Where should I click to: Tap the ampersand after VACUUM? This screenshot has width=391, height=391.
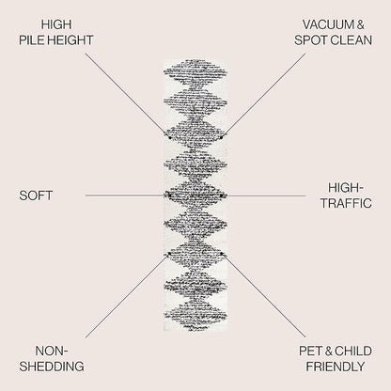pos(361,24)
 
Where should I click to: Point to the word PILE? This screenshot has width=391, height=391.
pos(31,40)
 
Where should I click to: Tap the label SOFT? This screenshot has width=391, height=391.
pos(36,195)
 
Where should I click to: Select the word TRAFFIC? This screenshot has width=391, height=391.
pos(346,203)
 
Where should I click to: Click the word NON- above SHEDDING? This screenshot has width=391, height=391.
pos(52,352)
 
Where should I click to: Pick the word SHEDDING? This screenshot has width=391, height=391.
pos(52,367)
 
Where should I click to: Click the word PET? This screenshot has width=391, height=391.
pos(311,352)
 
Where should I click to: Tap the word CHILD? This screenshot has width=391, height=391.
pos(353,352)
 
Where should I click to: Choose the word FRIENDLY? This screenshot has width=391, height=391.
pos(336,367)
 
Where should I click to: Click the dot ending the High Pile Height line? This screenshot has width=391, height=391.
pos(170,137)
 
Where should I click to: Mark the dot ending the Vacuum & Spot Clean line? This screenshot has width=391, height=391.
pos(221,137)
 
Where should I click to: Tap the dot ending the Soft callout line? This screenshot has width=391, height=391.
pos(169,195)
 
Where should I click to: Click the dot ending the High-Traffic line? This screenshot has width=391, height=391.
pos(221,195)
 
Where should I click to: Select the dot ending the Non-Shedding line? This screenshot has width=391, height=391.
pos(169,254)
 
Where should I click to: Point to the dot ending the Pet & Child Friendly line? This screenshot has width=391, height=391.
pos(221,254)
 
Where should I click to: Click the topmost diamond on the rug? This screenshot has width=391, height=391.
pos(195,71)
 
